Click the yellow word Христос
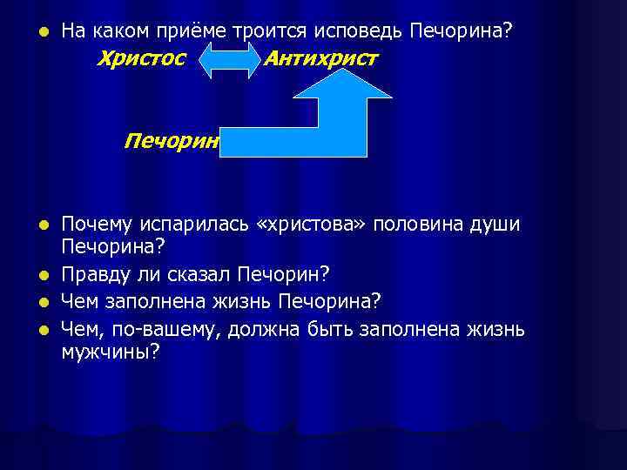pos(143,59)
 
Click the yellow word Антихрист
pos(320,59)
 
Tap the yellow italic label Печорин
pos(172,140)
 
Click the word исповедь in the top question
pos(357,31)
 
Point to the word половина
pos(417,225)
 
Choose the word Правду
pos(96,275)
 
